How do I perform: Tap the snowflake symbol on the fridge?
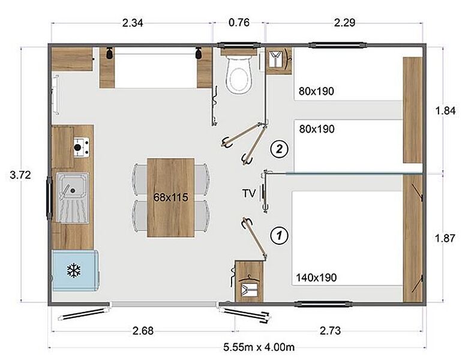click(73, 271)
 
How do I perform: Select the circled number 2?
click(279, 148)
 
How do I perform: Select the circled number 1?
click(279, 236)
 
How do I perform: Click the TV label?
click(249, 193)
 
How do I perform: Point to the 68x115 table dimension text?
click(171, 197)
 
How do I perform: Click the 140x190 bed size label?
click(316, 278)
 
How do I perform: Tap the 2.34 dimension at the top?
click(133, 23)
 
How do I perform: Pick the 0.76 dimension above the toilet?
click(239, 22)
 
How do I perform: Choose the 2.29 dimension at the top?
click(344, 23)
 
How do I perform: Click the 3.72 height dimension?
click(20, 175)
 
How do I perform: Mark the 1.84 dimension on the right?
click(445, 111)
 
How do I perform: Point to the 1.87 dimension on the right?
click(445, 238)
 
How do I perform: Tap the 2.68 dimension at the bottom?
click(143, 331)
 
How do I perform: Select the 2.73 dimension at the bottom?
click(330, 331)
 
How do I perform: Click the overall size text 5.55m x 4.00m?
click(259, 347)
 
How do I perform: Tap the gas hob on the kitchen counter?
click(81, 147)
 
